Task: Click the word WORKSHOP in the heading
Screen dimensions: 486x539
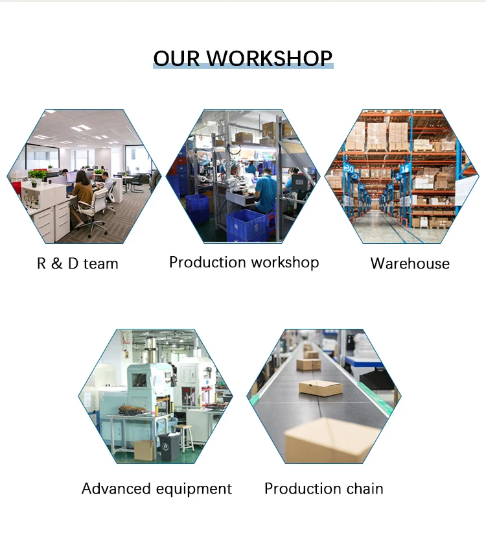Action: [270, 58]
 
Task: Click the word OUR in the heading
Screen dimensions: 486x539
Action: [176, 58]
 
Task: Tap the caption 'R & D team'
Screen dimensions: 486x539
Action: [77, 263]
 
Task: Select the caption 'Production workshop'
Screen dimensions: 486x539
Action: [244, 263]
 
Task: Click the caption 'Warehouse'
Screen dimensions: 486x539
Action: [410, 263]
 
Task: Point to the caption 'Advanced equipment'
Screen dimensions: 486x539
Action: [157, 489]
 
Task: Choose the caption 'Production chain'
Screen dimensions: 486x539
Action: [323, 488]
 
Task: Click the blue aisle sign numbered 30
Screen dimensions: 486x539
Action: [349, 169]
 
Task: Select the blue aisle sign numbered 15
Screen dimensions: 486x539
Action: [404, 169]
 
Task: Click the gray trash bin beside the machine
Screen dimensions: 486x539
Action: [169, 446]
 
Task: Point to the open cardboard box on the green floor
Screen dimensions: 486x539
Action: [143, 449]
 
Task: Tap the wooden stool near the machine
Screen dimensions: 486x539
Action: [185, 438]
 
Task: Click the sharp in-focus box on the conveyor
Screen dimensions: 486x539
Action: [321, 388]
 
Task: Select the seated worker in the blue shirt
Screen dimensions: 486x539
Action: [265, 192]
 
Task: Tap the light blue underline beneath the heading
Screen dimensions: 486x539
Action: [243, 66]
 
